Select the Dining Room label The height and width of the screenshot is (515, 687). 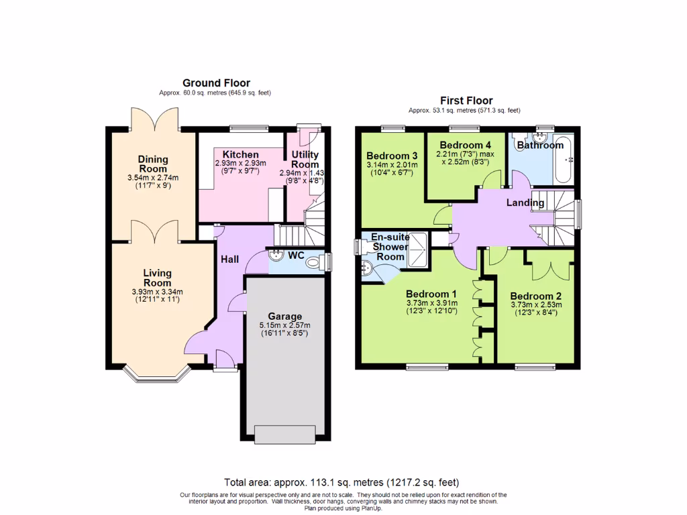154,164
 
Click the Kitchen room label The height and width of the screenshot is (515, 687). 241,154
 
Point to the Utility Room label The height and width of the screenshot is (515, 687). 305,160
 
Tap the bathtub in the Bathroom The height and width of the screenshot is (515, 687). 562,159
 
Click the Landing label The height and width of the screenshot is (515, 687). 525,203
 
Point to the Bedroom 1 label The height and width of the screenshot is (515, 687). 431,294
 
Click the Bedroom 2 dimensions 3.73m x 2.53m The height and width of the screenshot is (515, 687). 535,304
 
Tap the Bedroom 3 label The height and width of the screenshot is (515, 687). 392,156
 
